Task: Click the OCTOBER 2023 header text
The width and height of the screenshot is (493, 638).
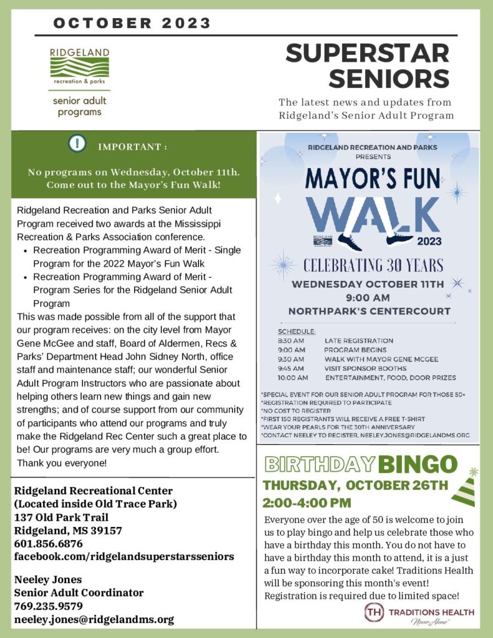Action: tap(132, 24)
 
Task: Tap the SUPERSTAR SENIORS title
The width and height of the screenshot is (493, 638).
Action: tap(367, 65)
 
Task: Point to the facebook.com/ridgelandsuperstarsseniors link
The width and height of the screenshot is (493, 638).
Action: tap(123, 556)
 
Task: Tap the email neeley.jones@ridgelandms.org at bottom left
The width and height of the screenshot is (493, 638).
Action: tap(93, 619)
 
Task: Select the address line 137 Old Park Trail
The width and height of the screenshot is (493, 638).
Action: tap(61, 517)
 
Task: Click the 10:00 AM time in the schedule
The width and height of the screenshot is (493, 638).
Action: tap(292, 377)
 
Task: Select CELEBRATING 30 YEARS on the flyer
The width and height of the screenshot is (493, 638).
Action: tap(374, 265)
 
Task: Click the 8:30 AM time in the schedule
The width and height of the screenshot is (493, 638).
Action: tap(290, 341)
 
